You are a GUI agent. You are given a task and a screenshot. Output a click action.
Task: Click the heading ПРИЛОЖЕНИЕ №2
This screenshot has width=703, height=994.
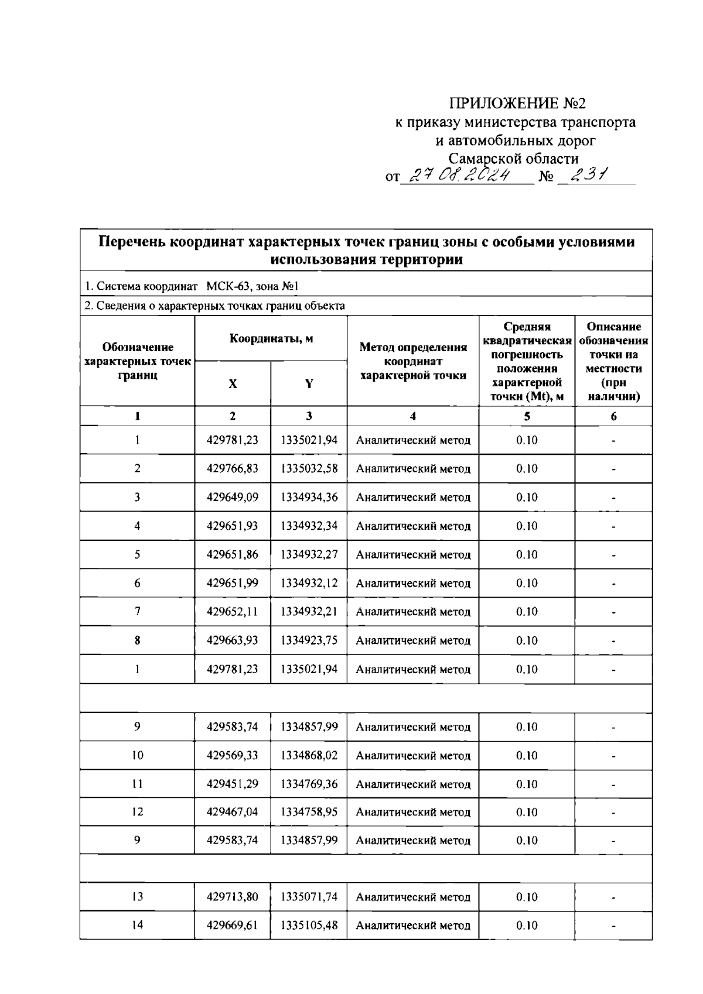517,104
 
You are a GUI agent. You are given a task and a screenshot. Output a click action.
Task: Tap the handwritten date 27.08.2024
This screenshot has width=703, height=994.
461,175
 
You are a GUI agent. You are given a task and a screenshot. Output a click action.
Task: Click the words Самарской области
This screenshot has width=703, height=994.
513,159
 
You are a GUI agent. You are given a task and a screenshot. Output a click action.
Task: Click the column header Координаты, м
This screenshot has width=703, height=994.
271,338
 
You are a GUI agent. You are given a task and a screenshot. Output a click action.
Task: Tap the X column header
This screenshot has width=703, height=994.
233,383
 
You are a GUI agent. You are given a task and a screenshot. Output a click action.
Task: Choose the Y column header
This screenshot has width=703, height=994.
309,383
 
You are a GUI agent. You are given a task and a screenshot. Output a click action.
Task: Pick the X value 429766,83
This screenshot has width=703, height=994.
233,468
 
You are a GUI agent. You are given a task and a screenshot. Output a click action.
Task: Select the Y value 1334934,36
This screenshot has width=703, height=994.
309,497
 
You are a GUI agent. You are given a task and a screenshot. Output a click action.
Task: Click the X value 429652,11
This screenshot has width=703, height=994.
233,612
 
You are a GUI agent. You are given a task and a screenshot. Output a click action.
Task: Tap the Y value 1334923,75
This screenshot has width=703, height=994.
309,640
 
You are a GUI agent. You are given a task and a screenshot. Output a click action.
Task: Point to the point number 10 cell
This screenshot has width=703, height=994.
137,755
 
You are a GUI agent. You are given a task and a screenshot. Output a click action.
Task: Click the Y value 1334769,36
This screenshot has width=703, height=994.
309,784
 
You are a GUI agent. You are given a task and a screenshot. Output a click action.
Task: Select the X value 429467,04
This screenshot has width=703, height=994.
233,812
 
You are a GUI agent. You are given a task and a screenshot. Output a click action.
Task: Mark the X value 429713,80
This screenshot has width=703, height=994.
233,897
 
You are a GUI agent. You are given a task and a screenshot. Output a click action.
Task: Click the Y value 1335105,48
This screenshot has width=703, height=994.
309,925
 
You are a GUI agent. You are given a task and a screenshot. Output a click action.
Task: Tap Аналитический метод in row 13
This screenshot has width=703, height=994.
413,897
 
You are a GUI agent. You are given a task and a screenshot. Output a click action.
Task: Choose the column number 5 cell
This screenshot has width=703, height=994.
527,416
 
